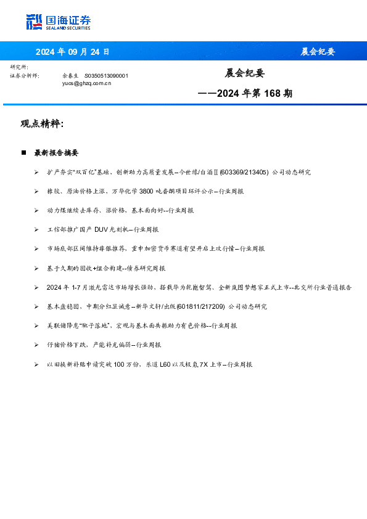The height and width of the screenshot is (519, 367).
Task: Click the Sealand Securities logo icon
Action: tap(35, 22)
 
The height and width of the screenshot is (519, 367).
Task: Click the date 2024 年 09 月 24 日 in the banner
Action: tap(72, 52)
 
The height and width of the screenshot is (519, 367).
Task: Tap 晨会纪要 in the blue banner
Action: tap(318, 52)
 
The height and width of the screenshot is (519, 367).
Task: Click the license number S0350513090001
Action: tap(106, 75)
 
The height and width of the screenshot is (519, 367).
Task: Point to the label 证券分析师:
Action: tap(25, 75)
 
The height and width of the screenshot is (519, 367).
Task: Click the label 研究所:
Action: tap(19, 67)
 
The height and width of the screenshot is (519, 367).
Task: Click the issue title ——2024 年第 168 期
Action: tap(245, 94)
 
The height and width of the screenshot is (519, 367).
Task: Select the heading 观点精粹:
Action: tap(42, 124)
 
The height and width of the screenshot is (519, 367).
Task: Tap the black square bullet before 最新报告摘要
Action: tap(23, 152)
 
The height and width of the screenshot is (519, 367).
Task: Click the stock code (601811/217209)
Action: tap(200, 307)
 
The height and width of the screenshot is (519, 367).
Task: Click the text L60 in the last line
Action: tap(165, 365)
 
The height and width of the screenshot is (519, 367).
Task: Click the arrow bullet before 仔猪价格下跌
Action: tap(37, 345)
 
